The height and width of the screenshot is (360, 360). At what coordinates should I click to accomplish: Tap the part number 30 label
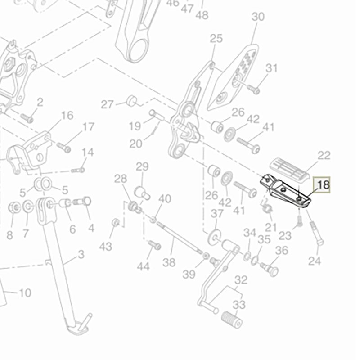click(x=258, y=17)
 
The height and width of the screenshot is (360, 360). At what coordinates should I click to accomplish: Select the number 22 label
click(x=324, y=156)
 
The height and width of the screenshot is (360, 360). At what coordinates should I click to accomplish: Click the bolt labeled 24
click(x=316, y=234)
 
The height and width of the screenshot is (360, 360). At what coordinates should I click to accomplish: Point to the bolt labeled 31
click(x=253, y=89)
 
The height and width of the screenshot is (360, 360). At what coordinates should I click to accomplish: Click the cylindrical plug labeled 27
click(x=131, y=100)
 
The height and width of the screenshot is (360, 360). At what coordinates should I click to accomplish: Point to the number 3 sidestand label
click(x=81, y=255)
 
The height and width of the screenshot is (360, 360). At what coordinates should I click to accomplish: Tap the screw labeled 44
click(x=155, y=245)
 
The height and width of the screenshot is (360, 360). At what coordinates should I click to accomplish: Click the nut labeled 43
click(x=116, y=222)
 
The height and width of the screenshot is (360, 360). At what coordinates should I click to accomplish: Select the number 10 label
click(x=25, y=293)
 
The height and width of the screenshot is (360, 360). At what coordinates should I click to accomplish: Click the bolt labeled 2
click(x=28, y=118)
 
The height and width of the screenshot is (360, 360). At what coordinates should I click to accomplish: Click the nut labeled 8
click(x=13, y=208)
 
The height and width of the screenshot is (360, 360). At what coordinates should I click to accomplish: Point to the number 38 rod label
click(x=169, y=262)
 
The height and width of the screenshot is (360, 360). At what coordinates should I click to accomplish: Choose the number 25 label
click(x=216, y=39)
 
